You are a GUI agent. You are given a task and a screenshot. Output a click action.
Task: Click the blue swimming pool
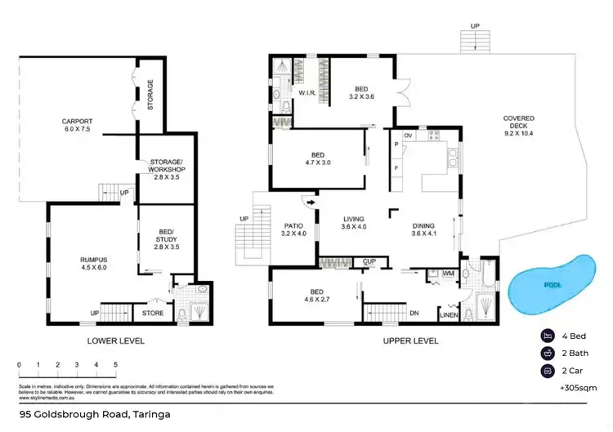click(553, 285)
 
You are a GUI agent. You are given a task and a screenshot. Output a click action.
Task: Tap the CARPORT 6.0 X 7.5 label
click(77, 126)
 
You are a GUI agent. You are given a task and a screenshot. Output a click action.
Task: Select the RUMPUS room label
click(94, 263)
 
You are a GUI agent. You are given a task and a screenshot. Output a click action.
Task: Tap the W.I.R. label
click(307, 94)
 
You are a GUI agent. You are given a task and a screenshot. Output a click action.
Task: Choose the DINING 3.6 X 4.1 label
click(423, 230)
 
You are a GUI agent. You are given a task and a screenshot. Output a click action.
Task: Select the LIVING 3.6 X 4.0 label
click(353, 222)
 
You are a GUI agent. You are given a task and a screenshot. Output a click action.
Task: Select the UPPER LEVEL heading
click(409, 341)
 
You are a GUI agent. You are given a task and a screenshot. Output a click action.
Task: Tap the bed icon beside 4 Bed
click(546, 336)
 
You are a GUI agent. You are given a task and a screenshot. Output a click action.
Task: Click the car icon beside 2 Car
click(546, 372)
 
